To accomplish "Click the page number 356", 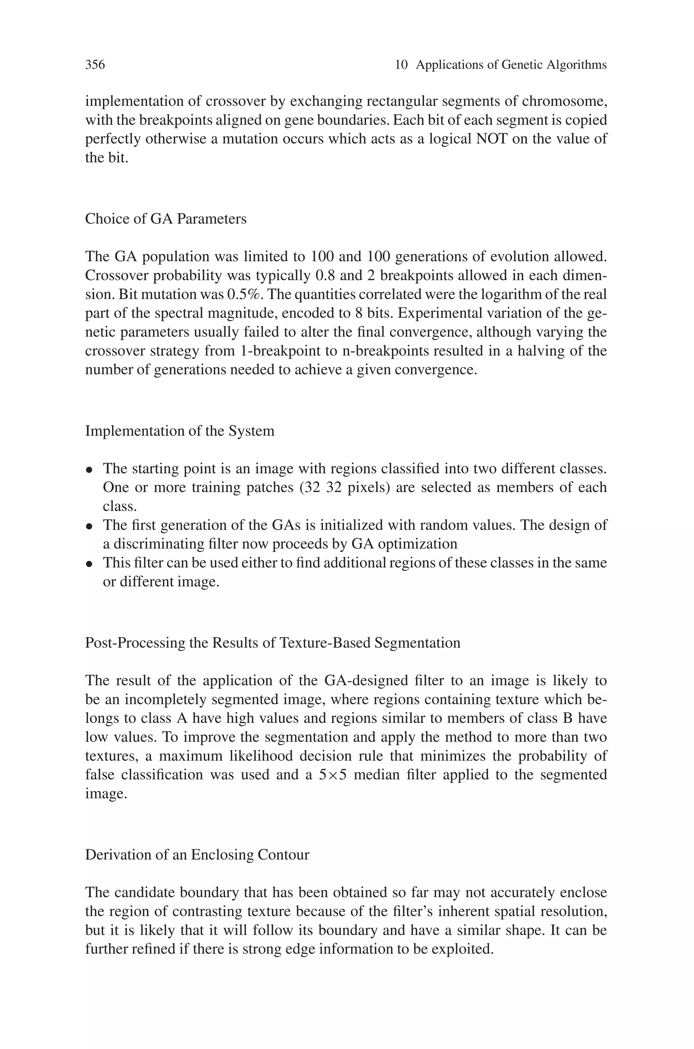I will coord(95,65).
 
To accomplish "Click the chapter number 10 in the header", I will coord(401,65).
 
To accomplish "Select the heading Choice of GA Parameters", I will coord(165,219).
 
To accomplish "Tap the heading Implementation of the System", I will coord(179,431).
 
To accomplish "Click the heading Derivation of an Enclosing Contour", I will coord(197,855).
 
